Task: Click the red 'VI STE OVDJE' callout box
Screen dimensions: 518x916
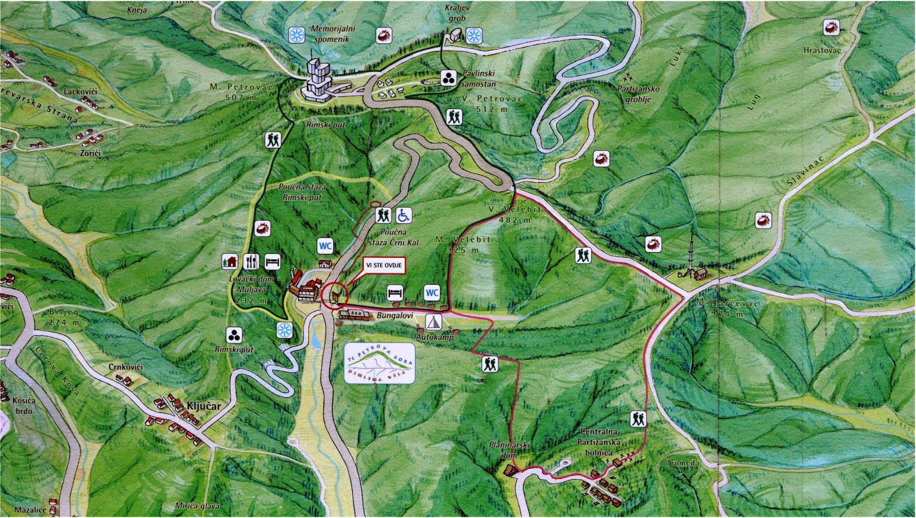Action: click(384, 265)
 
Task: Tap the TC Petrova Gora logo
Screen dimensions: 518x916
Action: click(380, 363)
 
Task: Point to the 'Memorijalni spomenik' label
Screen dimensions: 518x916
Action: click(333, 34)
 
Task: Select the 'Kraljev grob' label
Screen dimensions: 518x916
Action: click(457, 13)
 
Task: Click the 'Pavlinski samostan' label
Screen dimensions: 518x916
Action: click(479, 79)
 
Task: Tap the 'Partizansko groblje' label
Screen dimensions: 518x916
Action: click(638, 94)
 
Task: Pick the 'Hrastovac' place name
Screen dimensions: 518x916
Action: click(822, 50)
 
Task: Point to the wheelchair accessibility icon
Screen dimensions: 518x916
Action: click(404, 215)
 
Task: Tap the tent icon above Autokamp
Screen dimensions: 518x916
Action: click(434, 321)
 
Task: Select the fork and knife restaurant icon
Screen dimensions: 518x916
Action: click(251, 261)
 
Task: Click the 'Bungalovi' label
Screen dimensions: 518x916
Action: click(394, 316)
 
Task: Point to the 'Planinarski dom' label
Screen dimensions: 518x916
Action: click(509, 450)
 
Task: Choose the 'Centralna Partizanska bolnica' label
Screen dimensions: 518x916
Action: click(599, 442)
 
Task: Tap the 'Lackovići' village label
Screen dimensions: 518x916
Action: click(80, 92)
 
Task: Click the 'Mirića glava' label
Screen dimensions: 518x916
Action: click(198, 506)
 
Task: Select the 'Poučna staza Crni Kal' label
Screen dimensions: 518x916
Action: click(393, 237)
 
